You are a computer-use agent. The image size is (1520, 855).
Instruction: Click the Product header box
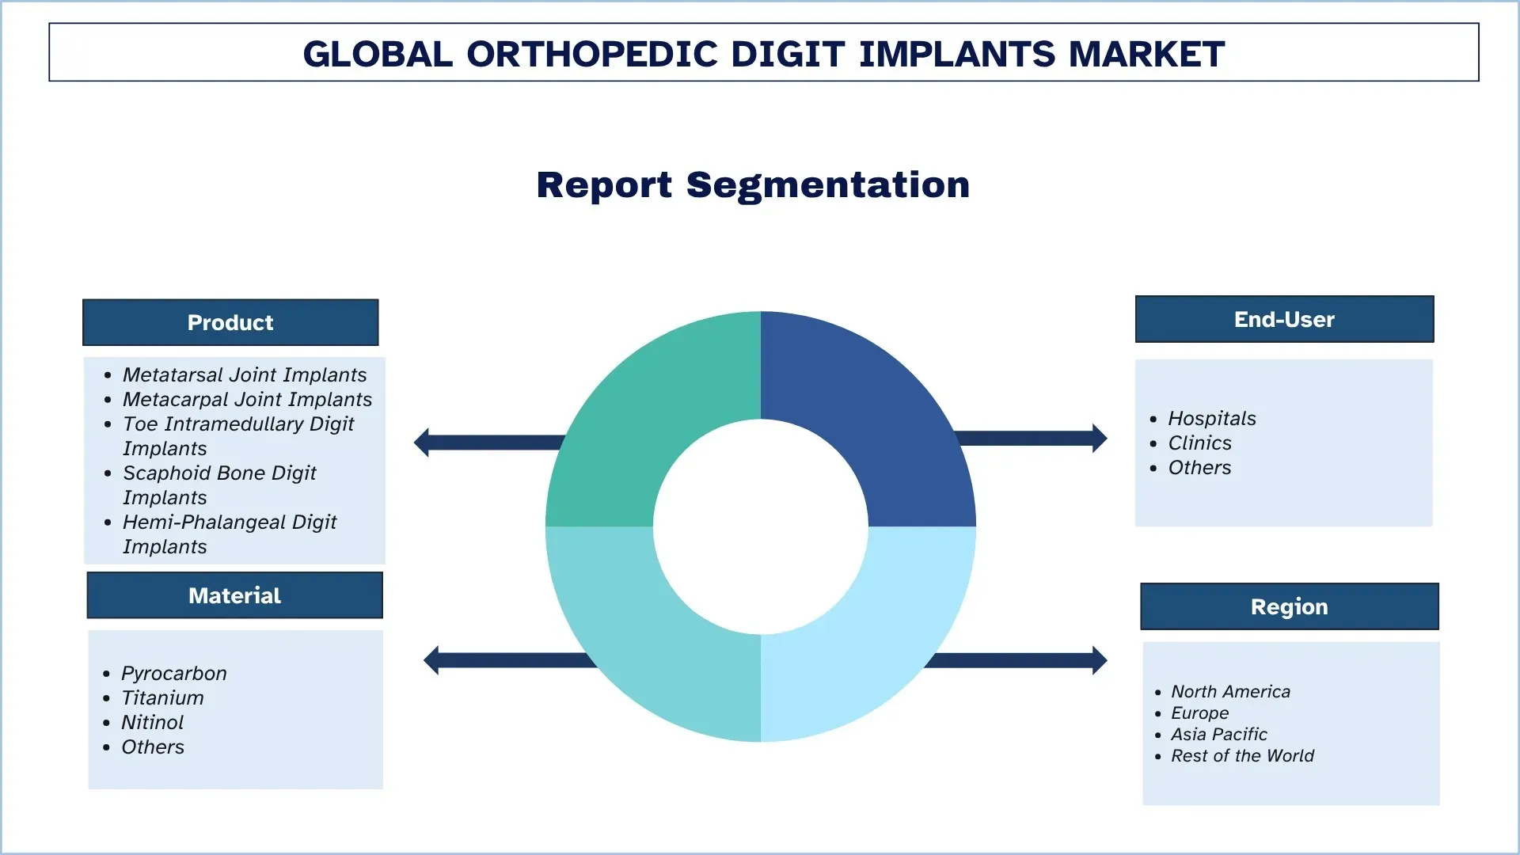[x=230, y=322]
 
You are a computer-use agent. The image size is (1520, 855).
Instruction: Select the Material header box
[x=234, y=595]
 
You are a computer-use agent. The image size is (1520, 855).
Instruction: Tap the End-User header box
[x=1284, y=319]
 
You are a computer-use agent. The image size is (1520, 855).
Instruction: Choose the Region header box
[x=1289, y=606]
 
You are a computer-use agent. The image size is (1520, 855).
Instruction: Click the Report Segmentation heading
[x=753, y=185]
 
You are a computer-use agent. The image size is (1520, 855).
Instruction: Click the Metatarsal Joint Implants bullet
[x=244, y=374]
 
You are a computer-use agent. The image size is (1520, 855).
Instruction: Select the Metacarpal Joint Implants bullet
[x=246, y=399]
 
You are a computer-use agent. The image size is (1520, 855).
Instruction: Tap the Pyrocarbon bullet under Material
[x=173, y=673]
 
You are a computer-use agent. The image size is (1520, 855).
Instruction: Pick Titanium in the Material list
[x=162, y=697]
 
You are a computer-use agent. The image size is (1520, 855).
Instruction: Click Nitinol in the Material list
[x=152, y=722]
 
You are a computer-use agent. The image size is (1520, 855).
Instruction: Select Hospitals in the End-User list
[x=1211, y=418]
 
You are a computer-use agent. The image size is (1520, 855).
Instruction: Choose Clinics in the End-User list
[x=1199, y=443]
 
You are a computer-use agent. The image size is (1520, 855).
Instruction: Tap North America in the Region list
[x=1230, y=691]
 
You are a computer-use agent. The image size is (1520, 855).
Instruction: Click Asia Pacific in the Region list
[x=1218, y=734]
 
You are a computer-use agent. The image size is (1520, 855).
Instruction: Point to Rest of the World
[x=1242, y=755]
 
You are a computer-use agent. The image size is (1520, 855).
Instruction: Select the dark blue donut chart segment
[x=879, y=412]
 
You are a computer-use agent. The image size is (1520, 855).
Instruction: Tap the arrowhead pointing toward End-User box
[x=1099, y=438]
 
